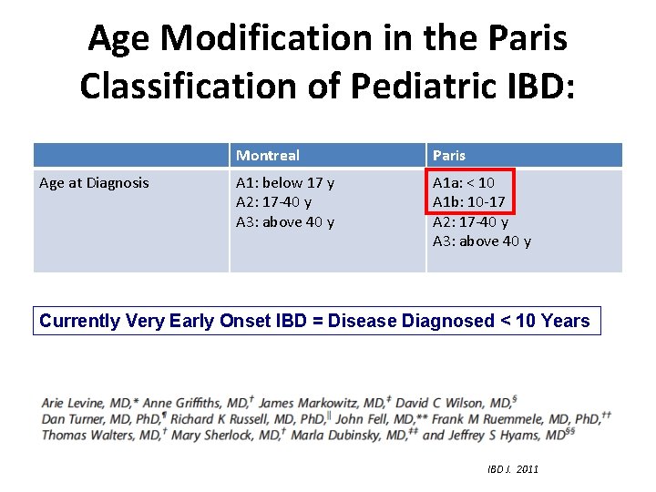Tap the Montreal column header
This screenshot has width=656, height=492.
pos(268,156)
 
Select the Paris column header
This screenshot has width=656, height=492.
pos(449,156)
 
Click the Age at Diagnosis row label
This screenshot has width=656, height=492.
pos(94,182)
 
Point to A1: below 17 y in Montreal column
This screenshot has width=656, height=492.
pos(285,182)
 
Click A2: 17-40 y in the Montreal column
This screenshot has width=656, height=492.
pos(274,202)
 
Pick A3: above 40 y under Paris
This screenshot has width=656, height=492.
pos(482,241)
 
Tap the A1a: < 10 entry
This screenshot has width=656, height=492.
pos(464,182)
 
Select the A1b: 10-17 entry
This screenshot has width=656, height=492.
pos(469,202)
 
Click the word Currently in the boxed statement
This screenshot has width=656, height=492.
pos(80,321)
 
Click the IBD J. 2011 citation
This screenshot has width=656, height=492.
pos(513,469)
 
